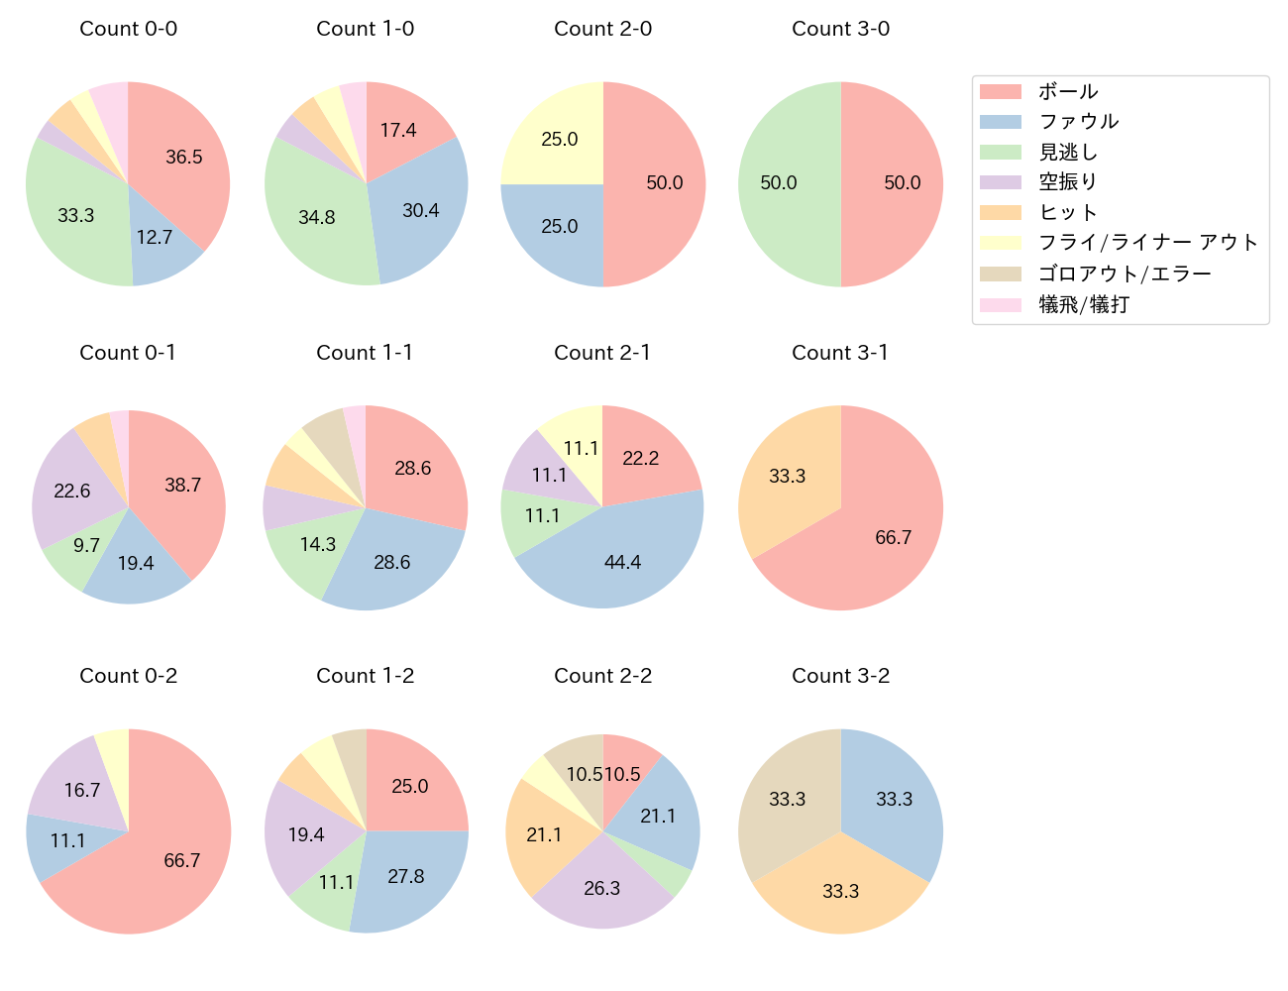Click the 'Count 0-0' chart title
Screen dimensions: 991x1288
coord(128,29)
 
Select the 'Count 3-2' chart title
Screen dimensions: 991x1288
coord(840,676)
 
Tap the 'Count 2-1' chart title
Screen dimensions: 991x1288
coord(602,353)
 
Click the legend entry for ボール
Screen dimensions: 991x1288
coord(1067,92)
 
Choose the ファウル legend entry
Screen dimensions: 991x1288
coord(1078,122)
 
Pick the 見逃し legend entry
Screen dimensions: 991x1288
coord(1067,153)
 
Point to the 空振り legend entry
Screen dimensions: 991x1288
coord(1067,182)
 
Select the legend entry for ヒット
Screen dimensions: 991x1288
coord(1067,213)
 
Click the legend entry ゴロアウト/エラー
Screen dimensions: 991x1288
coord(1125,274)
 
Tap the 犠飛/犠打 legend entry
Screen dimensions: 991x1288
coord(1083,304)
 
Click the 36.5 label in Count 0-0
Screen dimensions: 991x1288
coord(184,157)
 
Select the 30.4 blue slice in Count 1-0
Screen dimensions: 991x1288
coord(421,210)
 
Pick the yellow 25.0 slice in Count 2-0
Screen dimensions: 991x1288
coord(560,139)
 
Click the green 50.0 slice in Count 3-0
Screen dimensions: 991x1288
coord(779,183)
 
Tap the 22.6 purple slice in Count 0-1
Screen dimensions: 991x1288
coord(72,491)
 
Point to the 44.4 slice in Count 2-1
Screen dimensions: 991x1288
coord(622,562)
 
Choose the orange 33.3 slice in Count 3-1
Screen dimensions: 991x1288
coord(788,476)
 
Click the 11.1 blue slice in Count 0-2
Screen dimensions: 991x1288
coord(67,841)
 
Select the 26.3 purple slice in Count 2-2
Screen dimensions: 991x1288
coord(602,888)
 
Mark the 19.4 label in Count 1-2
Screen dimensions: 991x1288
coord(306,835)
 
